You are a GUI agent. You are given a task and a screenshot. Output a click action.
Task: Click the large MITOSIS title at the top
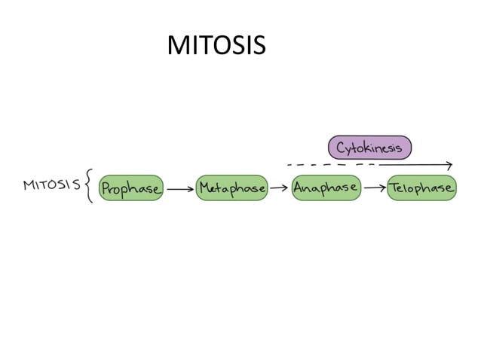pyautogui.click(x=216, y=46)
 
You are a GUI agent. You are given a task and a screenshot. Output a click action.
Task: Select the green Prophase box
pyautogui.click(x=130, y=188)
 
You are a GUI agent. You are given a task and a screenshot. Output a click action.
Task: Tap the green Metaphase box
pyautogui.click(x=231, y=188)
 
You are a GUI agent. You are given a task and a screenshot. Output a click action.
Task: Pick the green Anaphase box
pyautogui.click(x=326, y=188)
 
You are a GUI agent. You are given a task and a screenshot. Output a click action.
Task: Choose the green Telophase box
pyautogui.click(x=421, y=188)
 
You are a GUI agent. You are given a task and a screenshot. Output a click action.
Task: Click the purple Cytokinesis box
pyautogui.click(x=369, y=148)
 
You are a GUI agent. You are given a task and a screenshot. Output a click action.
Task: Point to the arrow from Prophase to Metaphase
pyautogui.click(x=179, y=190)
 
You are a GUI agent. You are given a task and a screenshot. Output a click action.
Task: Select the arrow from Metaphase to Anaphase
pyautogui.click(x=279, y=188)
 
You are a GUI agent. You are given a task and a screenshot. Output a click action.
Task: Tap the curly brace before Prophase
pyautogui.click(x=89, y=185)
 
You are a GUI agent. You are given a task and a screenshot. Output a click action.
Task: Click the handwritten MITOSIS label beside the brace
pyautogui.click(x=52, y=185)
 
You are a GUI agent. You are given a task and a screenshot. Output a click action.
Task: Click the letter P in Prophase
pyautogui.click(x=106, y=188)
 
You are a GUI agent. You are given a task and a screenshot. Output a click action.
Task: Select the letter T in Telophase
pyautogui.click(x=394, y=188)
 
